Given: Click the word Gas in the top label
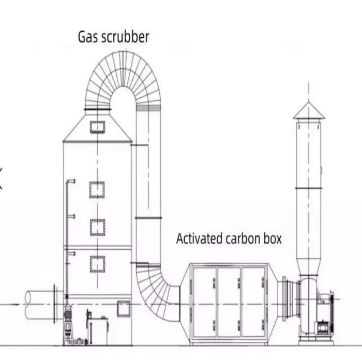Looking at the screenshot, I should (x=87, y=37).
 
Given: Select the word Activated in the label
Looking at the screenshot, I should (x=200, y=239).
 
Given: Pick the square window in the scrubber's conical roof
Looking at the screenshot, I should (x=97, y=127).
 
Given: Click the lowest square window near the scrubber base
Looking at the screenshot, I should (x=124, y=309).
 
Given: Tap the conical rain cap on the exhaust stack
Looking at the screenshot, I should (x=309, y=111).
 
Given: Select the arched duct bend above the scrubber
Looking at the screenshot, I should (x=123, y=78).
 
